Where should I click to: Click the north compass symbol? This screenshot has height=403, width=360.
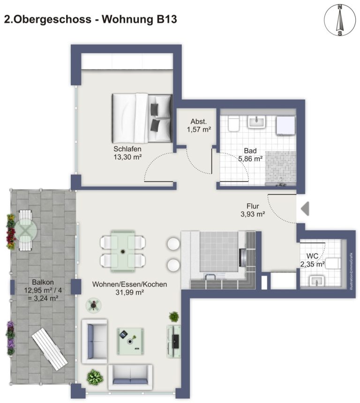pos(340,20)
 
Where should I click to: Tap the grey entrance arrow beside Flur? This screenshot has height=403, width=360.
pos(305,208)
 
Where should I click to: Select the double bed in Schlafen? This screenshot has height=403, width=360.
pos(142,118)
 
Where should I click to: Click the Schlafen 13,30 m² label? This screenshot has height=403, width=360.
pos(127,153)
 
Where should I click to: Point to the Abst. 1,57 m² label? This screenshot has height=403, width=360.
pos(199,125)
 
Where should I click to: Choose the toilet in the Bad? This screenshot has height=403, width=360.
pos(233,123)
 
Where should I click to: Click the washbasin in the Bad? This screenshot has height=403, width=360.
pos(256,122)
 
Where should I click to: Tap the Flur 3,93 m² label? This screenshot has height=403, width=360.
pos(253,210)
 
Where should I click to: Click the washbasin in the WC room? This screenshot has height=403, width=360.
pos(317,281)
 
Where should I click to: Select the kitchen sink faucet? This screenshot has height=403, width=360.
pos(211,276)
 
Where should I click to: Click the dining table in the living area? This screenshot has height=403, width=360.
pos(123,251)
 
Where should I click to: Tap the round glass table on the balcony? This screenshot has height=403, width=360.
pos(26,230)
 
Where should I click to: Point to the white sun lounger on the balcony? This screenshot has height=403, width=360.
pos(50,350)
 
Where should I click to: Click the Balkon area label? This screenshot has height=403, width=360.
pos(43,290)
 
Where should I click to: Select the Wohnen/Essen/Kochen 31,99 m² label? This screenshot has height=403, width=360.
pos(129,288)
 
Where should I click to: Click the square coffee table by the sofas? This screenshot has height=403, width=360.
pos(130,341)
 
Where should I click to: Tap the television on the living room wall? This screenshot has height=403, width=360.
pos(175,342)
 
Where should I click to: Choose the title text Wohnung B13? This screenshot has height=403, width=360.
pos(139,19)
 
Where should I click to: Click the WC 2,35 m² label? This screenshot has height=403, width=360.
pos(313,260)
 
